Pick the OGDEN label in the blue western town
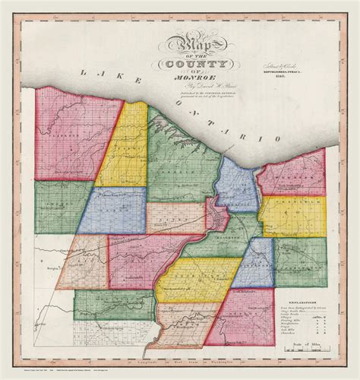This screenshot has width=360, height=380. click(x=114, y=209)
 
